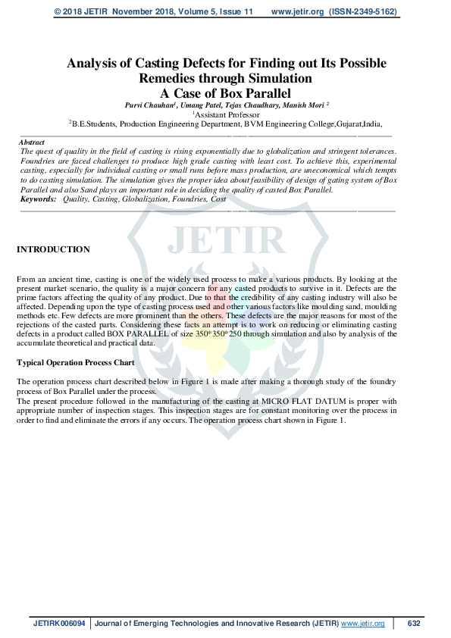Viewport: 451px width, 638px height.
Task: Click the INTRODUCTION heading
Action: tap(53, 249)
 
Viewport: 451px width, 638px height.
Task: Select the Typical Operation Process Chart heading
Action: tap(70, 363)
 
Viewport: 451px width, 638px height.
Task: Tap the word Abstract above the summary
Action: tap(31, 142)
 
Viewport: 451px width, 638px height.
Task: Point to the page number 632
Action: tap(413, 624)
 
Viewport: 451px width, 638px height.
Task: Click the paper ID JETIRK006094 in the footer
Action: tap(60, 624)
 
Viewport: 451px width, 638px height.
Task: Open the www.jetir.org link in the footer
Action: tap(363, 624)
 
